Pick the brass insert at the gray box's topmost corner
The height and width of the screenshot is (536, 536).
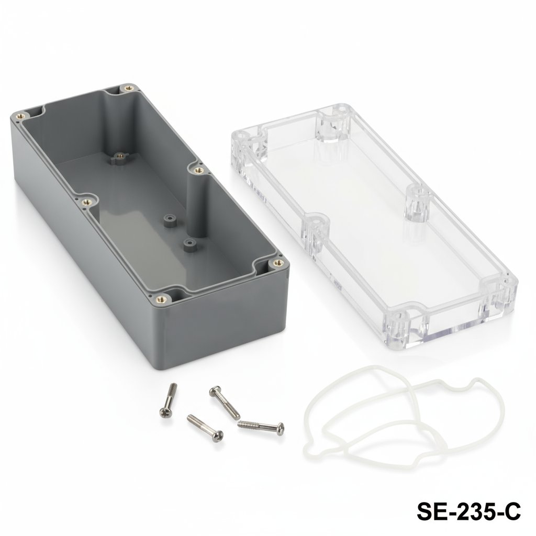tap(128, 88)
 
